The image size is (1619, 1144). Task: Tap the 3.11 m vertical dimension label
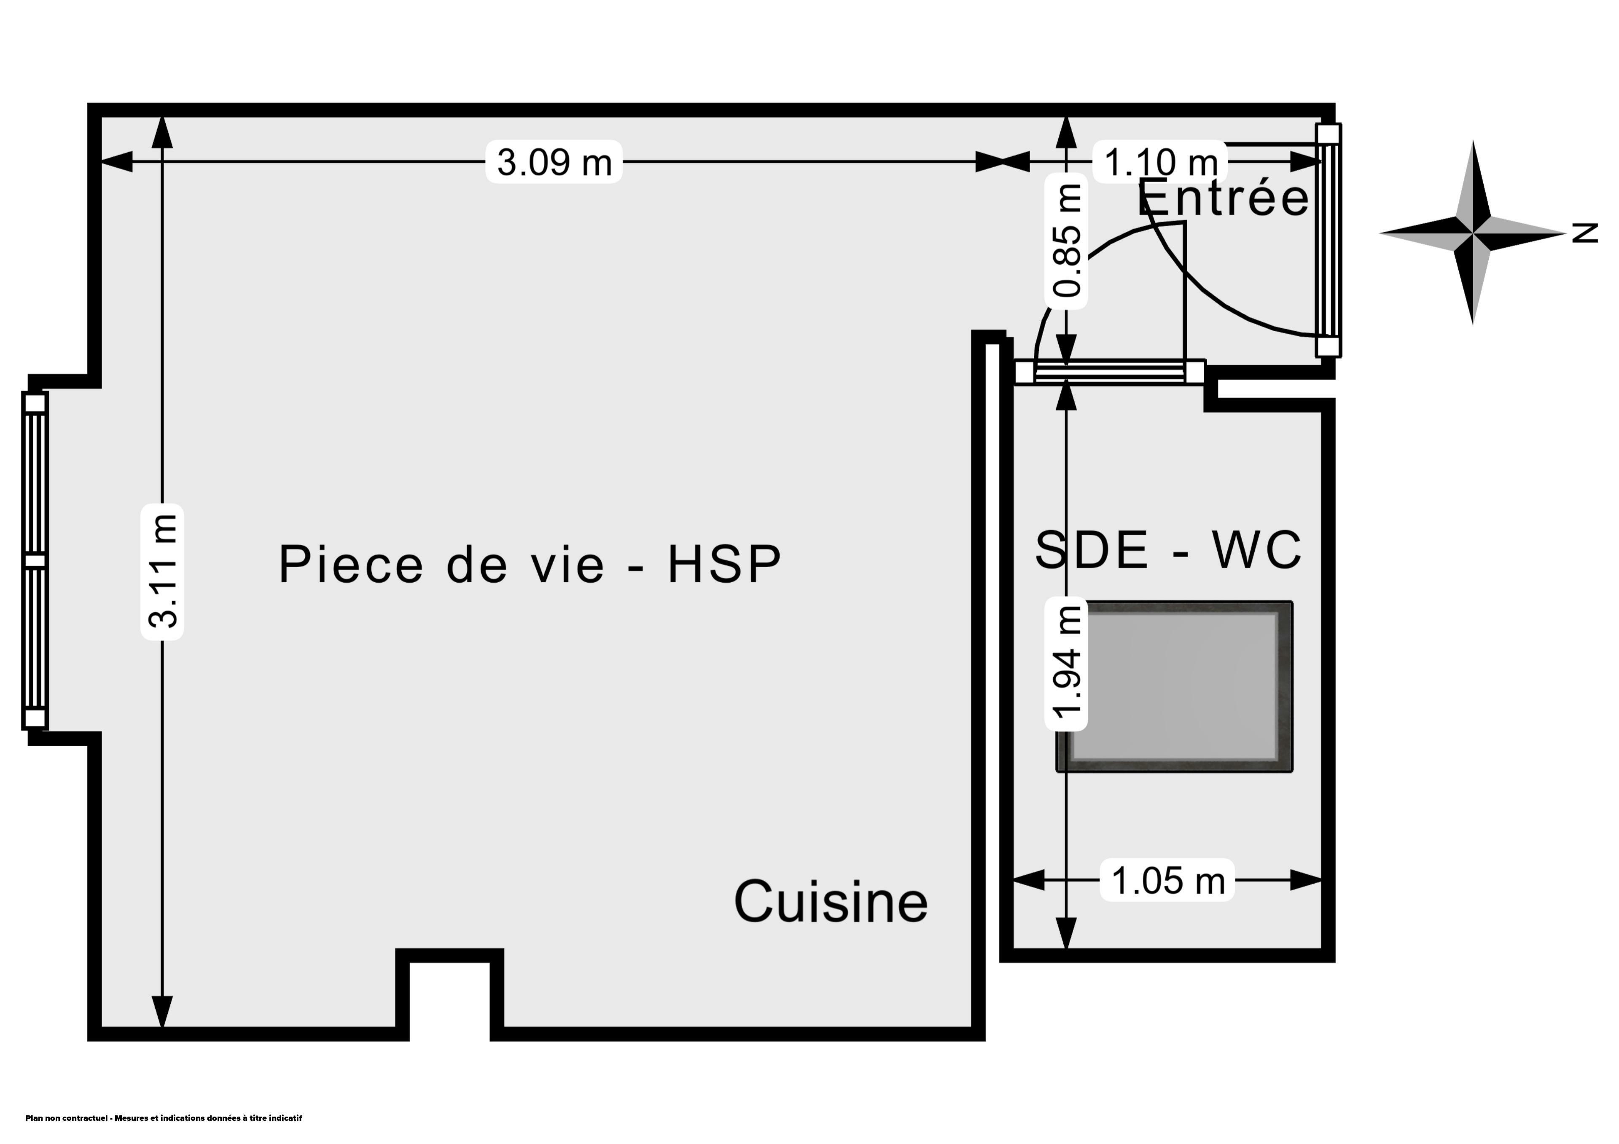[163, 572]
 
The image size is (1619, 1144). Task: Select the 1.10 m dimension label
[1160, 162]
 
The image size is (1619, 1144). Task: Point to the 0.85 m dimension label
[1066, 240]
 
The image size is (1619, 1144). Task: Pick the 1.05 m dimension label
[1168, 880]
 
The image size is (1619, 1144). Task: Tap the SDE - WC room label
[1168, 550]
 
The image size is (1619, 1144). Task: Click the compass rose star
[1472, 233]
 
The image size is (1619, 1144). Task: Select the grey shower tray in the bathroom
[1174, 686]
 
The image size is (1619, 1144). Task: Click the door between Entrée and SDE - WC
[1109, 372]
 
